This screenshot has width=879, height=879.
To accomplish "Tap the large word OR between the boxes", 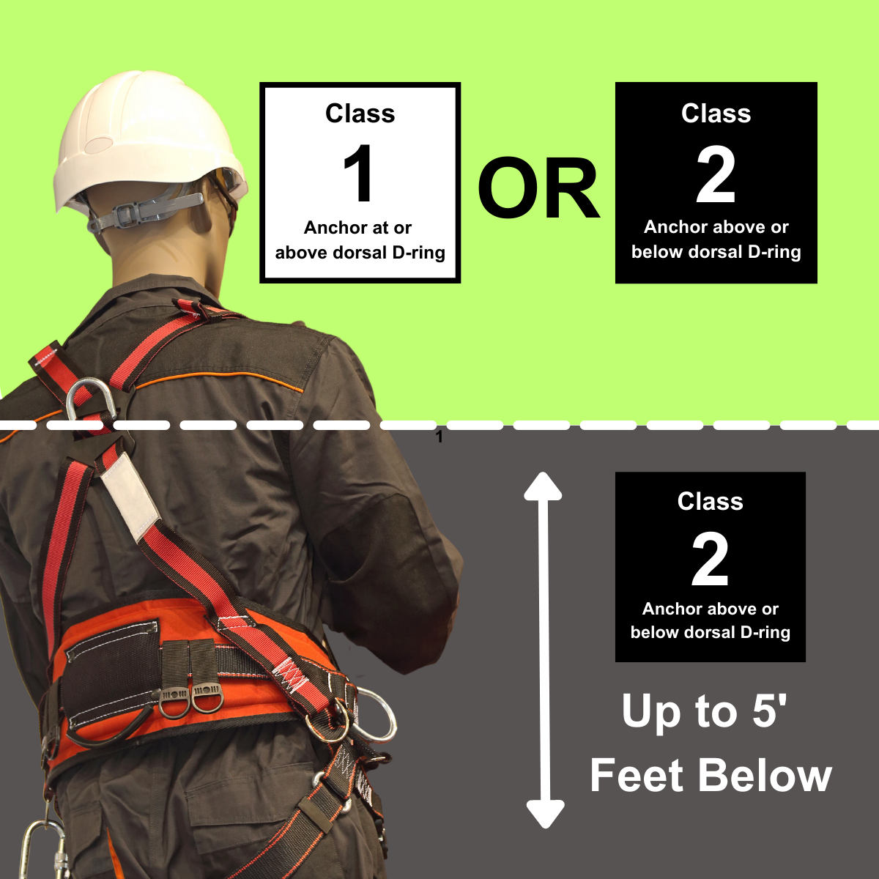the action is click(x=538, y=188).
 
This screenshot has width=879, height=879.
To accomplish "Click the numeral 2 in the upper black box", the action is click(x=716, y=175).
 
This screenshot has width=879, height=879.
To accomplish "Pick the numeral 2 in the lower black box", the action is click(x=710, y=558).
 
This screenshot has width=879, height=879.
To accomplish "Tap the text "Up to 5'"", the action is click(x=704, y=711).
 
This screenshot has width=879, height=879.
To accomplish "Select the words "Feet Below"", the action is click(x=711, y=776).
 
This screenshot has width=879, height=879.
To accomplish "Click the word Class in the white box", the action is click(x=360, y=113).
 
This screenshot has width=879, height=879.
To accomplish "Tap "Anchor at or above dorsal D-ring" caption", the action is click(x=360, y=240).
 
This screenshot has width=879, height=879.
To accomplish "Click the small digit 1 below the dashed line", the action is click(x=439, y=437).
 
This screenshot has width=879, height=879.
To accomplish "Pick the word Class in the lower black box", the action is click(x=711, y=501).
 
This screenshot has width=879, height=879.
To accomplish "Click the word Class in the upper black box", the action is click(x=716, y=113).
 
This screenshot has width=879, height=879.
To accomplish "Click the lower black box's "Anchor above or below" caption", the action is click(x=711, y=620).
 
